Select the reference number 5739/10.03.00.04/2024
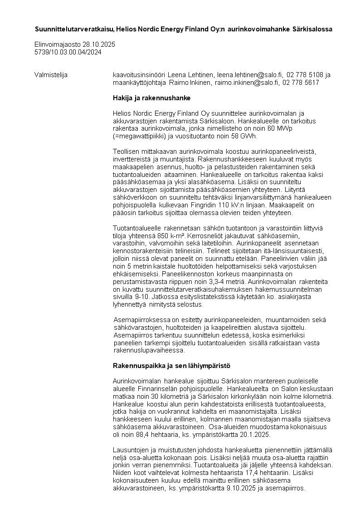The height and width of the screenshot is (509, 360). pos(68,52)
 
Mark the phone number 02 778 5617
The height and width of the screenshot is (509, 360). pos(301,83)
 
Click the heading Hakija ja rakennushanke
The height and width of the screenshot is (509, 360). pos(151,98)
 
